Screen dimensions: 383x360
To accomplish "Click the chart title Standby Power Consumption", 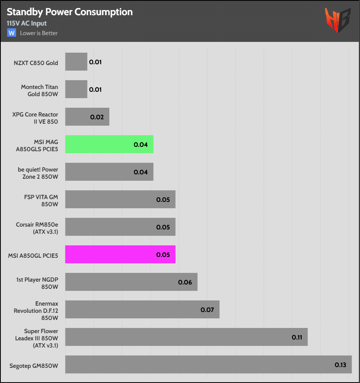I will coord(69,12).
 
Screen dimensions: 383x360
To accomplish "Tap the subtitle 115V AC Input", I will coord(27,24).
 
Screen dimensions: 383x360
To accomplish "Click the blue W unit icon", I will coord(12,33).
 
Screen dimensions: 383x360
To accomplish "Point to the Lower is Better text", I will coord(39,33).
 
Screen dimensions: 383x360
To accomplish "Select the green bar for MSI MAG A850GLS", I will coord(109,144).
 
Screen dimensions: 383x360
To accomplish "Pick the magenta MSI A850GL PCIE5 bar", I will coord(120,255).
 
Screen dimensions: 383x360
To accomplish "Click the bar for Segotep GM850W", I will coord(208,365).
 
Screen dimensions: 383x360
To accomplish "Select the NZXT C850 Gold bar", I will coord(76,62).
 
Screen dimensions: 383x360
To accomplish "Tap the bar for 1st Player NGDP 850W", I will coord(131,282).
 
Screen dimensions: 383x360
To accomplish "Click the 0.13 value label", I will coord(340,365).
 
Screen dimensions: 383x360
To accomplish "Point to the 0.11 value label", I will coord(297,338).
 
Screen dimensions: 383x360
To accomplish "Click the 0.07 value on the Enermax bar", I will coord(208,310).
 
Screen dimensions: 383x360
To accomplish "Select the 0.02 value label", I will coord(97,117).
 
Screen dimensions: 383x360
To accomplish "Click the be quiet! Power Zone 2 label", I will coord(38,172).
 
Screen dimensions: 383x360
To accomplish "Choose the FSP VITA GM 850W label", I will coord(41,199).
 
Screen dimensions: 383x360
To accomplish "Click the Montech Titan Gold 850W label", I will coord(40,90).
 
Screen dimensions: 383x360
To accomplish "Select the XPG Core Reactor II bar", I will coord(87,117).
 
